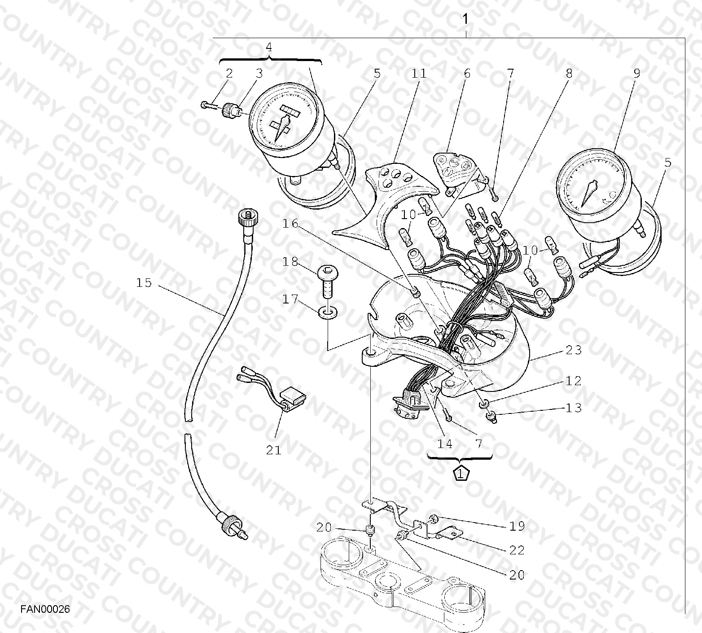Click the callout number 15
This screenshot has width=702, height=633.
[144, 283]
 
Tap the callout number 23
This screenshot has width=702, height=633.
[574, 350]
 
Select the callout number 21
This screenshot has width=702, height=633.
[273, 450]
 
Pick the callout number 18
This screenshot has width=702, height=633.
[290, 262]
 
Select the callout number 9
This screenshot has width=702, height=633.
[636, 73]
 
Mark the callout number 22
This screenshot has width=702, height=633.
[517, 550]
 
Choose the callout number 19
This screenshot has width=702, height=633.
[517, 526]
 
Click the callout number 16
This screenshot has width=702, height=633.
[290, 223]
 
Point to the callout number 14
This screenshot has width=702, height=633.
[445, 444]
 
